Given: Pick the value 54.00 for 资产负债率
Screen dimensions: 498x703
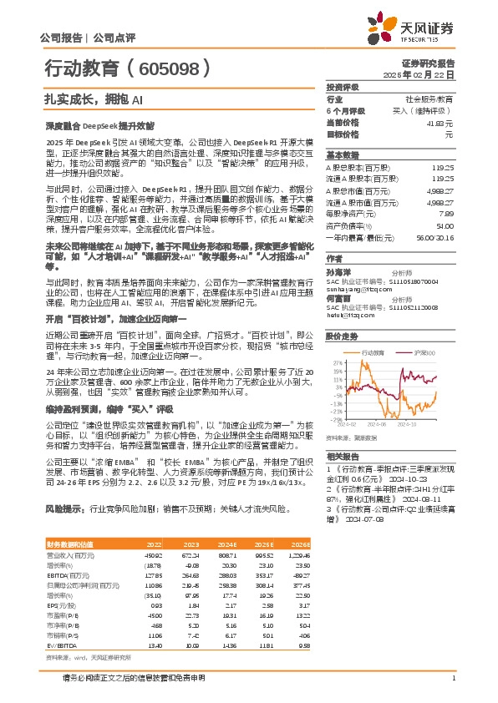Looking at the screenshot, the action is (x=445, y=225).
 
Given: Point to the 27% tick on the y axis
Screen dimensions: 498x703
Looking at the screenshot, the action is (x=337, y=363).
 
